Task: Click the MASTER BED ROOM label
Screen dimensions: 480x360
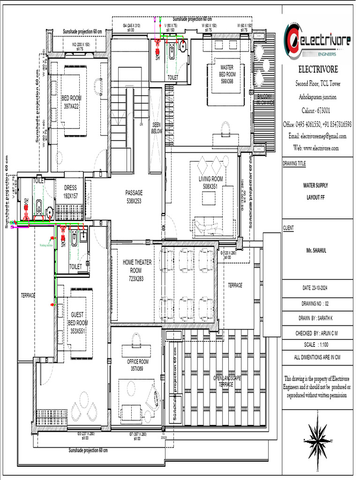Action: [227, 74]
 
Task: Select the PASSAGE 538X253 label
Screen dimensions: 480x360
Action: [134, 196]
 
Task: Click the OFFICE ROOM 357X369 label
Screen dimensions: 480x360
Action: [137, 365]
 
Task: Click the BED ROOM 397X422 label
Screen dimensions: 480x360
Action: [72, 102]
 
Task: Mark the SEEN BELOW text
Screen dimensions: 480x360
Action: [157, 128]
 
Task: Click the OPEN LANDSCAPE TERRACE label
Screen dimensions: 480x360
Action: [227, 381]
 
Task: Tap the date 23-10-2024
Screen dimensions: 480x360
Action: [319, 287]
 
